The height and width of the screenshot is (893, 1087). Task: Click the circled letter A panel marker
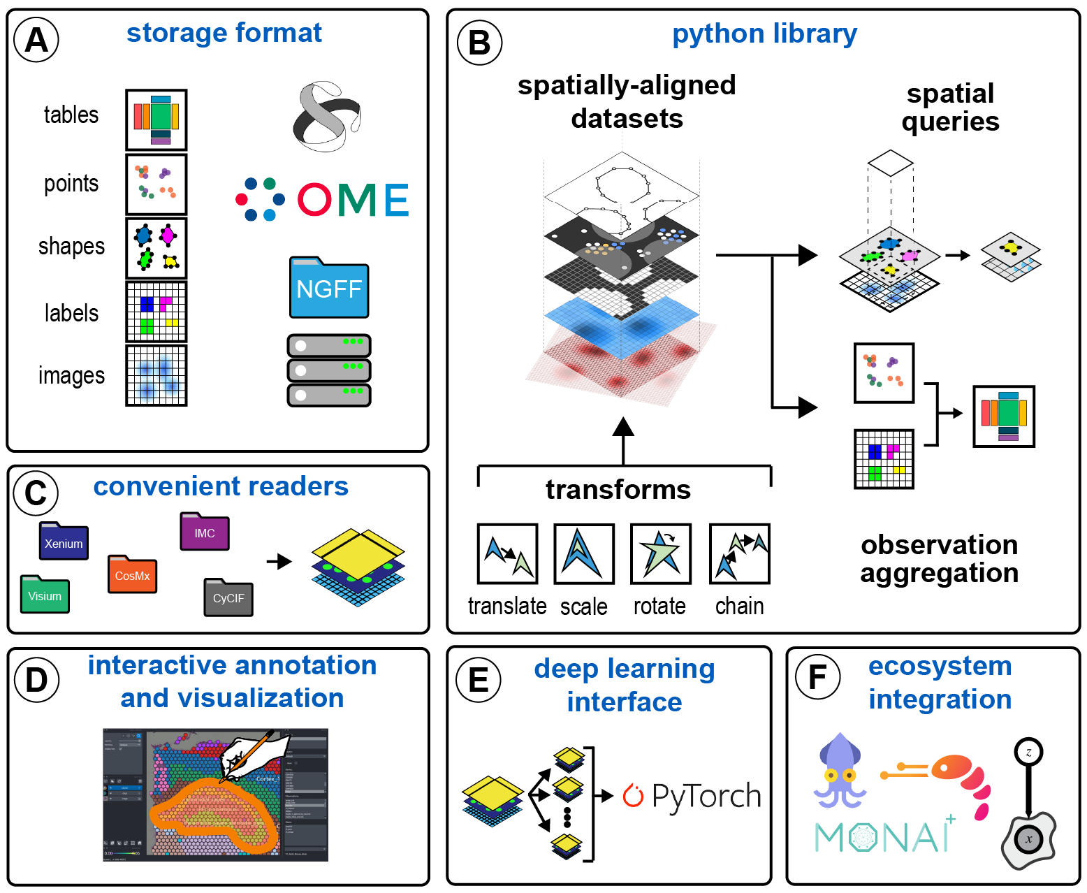(x=36, y=40)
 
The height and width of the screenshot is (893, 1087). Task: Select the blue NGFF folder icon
(x=329, y=288)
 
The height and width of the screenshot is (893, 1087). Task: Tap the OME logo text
(x=353, y=201)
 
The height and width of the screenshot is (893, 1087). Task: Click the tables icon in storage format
(x=156, y=119)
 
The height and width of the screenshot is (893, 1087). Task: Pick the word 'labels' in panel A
(x=71, y=313)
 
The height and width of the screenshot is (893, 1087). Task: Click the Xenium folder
(x=64, y=542)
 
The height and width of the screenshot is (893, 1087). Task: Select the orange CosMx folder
(x=132, y=574)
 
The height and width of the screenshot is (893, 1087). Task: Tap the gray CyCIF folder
(x=228, y=597)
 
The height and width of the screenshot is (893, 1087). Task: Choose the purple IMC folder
(x=205, y=532)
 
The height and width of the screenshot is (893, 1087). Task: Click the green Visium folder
(x=45, y=595)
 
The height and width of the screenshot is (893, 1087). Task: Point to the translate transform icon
(x=507, y=554)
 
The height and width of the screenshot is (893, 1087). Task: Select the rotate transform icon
(x=660, y=554)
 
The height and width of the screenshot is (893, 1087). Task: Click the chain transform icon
(x=739, y=554)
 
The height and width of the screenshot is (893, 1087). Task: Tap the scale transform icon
(x=584, y=554)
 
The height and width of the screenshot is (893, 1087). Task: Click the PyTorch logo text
(x=706, y=796)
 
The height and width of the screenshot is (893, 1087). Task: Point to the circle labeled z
(x=1028, y=753)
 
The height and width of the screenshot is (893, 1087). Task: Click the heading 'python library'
(x=764, y=34)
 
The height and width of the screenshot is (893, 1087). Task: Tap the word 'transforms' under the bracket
(x=618, y=489)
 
